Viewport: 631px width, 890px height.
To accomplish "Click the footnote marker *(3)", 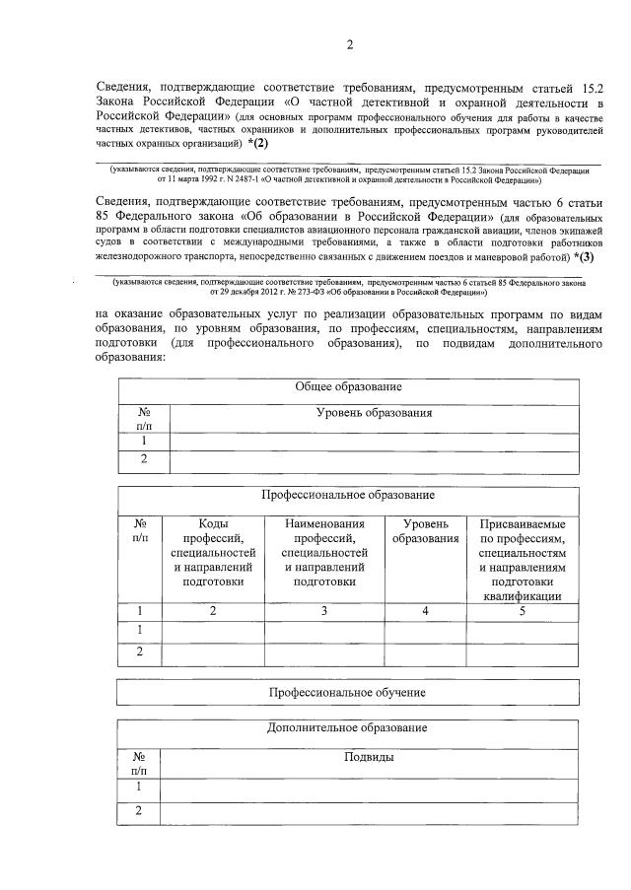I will point(584,257).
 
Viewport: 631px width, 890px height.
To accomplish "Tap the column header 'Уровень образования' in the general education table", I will point(374,413).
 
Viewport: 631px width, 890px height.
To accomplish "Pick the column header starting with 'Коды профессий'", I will point(213,553).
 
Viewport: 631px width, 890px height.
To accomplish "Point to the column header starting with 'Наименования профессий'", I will point(324,553).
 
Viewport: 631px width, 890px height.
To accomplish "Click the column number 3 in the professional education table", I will point(324,612).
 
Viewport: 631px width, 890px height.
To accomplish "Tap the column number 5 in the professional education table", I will point(523,612).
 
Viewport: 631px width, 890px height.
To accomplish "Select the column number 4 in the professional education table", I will point(425,612).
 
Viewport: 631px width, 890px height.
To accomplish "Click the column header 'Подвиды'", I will point(370,757).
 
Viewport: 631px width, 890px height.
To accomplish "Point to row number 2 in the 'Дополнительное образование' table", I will point(139,811).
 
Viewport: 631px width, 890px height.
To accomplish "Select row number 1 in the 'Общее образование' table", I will point(144,441).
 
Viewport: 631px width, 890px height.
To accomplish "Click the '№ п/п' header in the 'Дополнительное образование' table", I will point(139,764).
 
